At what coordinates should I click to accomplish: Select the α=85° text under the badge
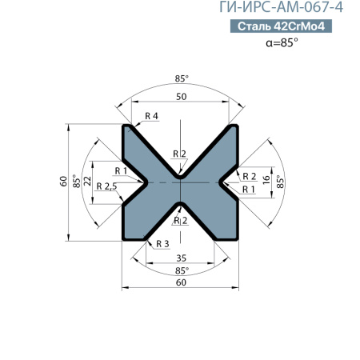281,44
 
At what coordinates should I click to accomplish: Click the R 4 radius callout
151,117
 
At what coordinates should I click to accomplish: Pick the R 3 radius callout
162,243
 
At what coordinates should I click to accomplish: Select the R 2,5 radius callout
106,186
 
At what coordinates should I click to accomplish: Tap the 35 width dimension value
182,258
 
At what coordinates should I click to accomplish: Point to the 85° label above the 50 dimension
182,78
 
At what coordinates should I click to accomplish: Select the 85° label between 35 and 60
182,270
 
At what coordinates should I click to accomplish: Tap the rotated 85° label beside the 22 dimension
76,182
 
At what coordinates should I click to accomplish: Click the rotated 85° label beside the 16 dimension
281,182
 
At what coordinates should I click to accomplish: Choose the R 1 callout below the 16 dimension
248,189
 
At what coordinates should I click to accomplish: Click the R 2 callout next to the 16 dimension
248,176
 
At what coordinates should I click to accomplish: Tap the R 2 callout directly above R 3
180,219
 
